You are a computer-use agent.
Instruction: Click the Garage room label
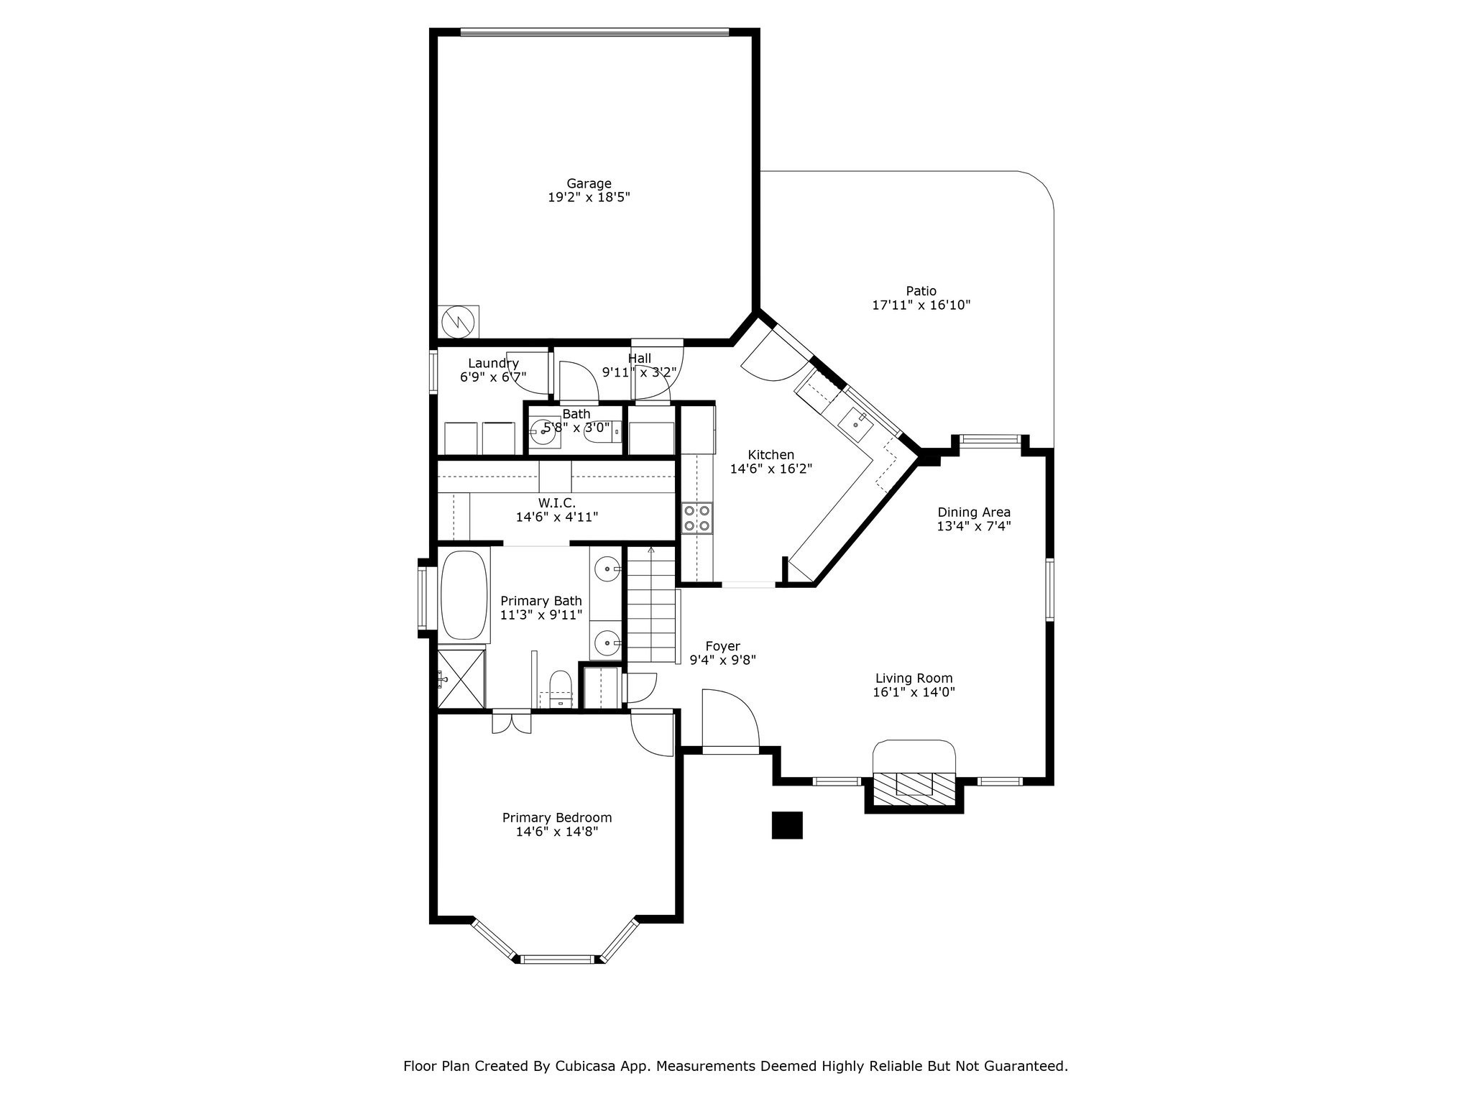tap(589, 184)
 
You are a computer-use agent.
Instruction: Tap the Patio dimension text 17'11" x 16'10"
tap(921, 305)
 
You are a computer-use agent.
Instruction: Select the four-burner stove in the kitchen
tap(696, 517)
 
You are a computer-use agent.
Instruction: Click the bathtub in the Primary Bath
tap(464, 594)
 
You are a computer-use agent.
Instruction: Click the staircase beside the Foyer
tap(651, 605)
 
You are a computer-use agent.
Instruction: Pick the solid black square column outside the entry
tap(786, 825)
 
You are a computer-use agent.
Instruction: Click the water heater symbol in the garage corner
tap(458, 322)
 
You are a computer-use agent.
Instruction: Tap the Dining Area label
tap(974, 512)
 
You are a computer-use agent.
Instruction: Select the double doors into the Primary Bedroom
tap(511, 722)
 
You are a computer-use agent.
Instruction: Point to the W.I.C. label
tap(556, 503)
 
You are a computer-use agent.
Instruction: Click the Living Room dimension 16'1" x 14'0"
tap(914, 692)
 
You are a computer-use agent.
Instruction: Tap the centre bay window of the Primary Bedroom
tap(558, 958)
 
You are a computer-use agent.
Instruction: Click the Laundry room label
tap(493, 364)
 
